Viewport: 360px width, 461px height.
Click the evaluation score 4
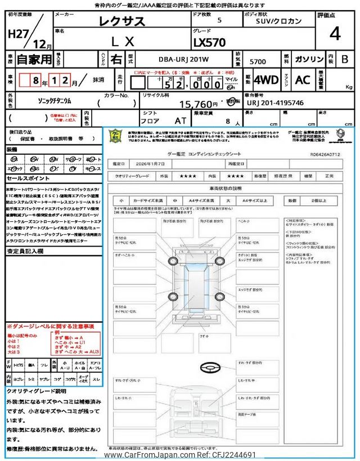tap(335, 34)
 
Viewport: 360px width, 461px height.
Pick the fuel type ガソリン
tap(309, 59)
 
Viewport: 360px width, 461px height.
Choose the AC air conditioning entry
tap(303, 80)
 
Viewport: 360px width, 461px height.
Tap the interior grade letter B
tap(345, 59)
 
